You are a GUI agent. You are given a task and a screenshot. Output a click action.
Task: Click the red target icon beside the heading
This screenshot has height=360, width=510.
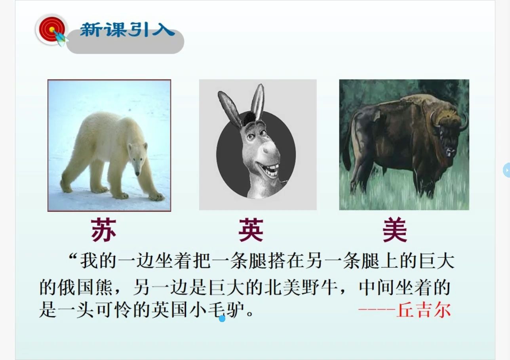[x=51, y=29]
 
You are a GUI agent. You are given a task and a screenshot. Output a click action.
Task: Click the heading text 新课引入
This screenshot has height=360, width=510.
[x=127, y=30]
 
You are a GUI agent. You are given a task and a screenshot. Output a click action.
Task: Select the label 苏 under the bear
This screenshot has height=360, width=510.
[x=104, y=230]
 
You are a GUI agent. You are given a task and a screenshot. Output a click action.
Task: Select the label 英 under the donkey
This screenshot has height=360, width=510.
[x=251, y=230]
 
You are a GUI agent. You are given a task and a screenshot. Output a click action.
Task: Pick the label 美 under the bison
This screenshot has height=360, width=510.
[x=395, y=230]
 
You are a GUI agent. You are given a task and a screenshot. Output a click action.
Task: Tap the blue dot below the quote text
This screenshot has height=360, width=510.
[x=222, y=318]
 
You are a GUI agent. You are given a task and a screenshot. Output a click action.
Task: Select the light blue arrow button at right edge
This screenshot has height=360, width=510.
[x=506, y=170]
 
